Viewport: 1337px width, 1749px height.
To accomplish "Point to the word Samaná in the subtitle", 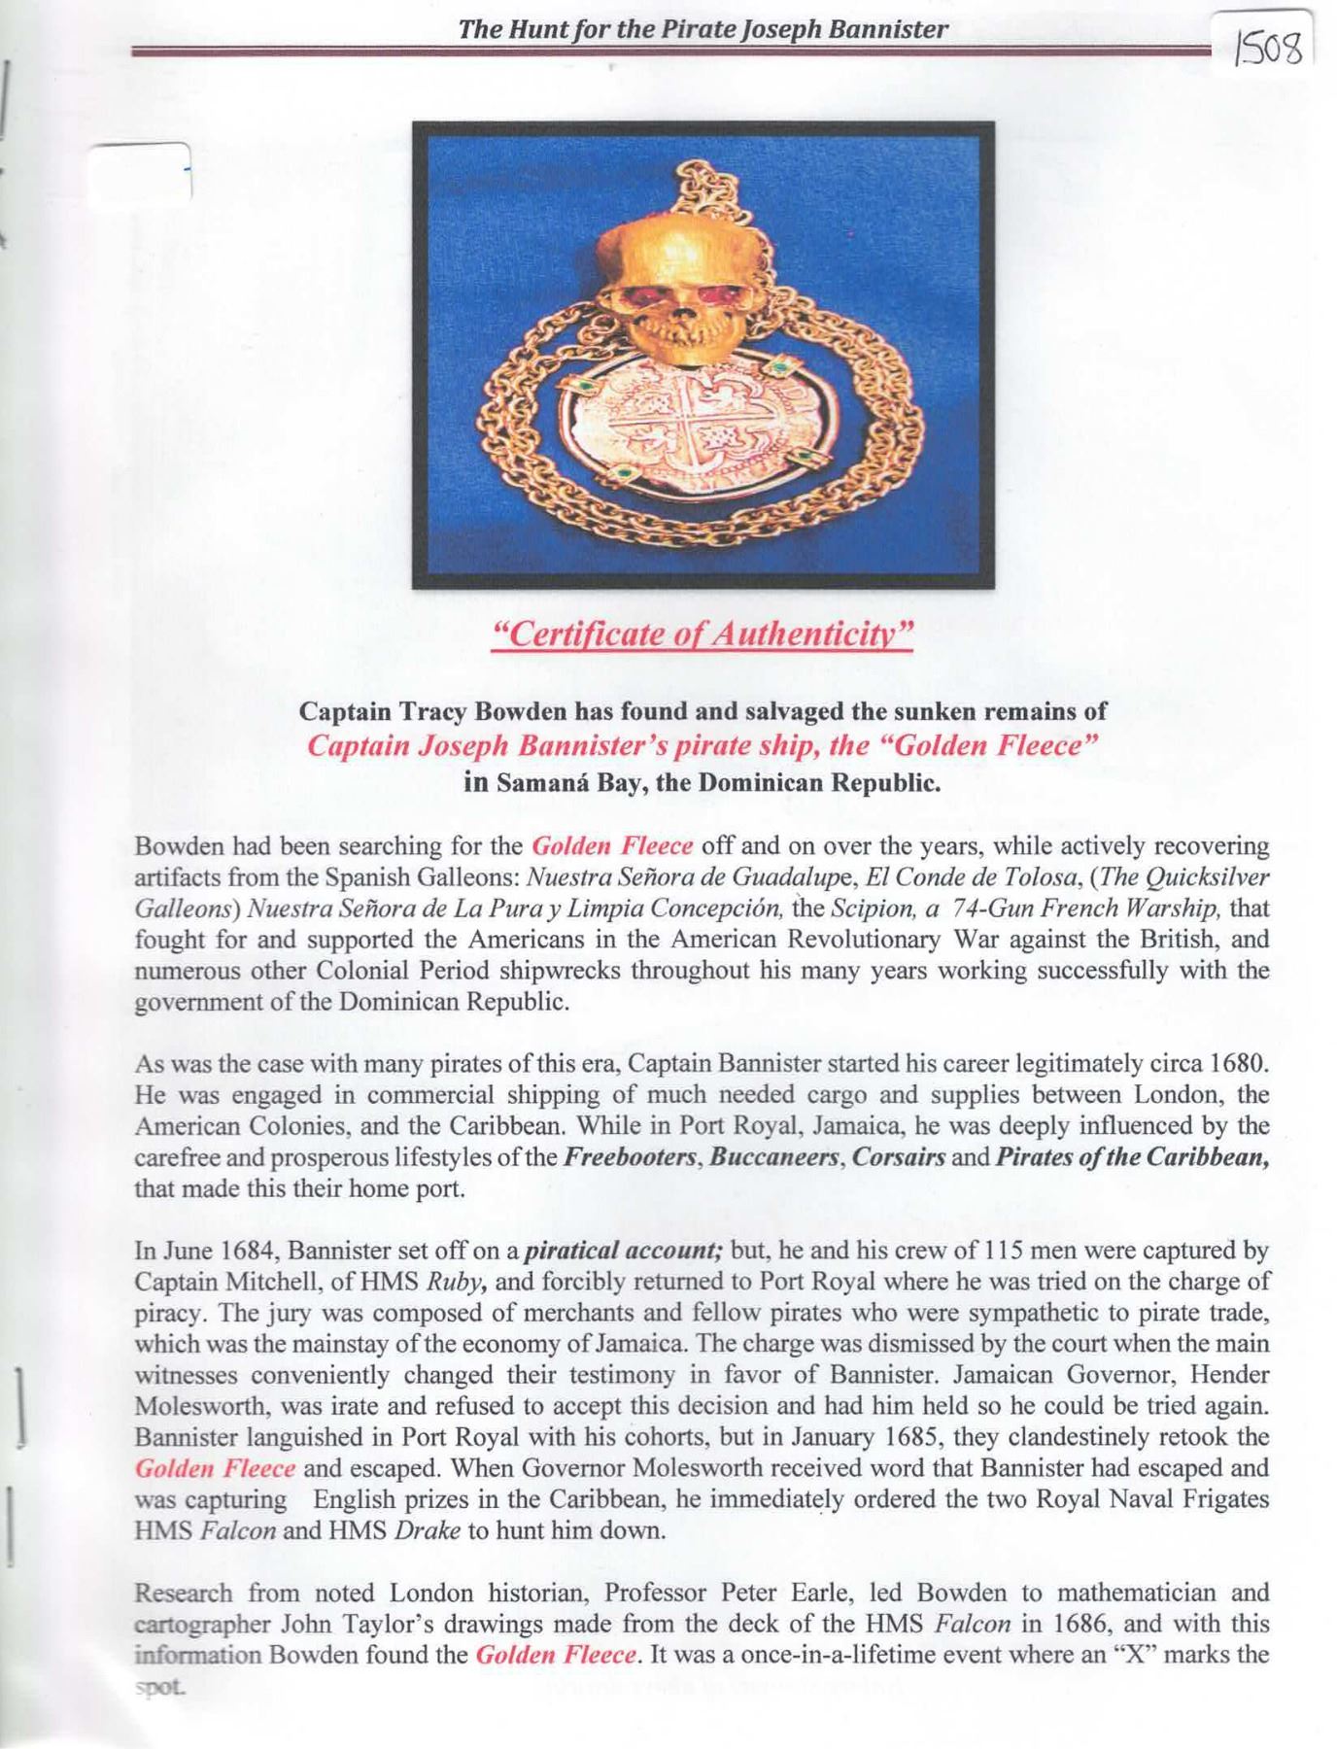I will pos(533,782).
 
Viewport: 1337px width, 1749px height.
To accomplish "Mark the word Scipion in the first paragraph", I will pos(859,909).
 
